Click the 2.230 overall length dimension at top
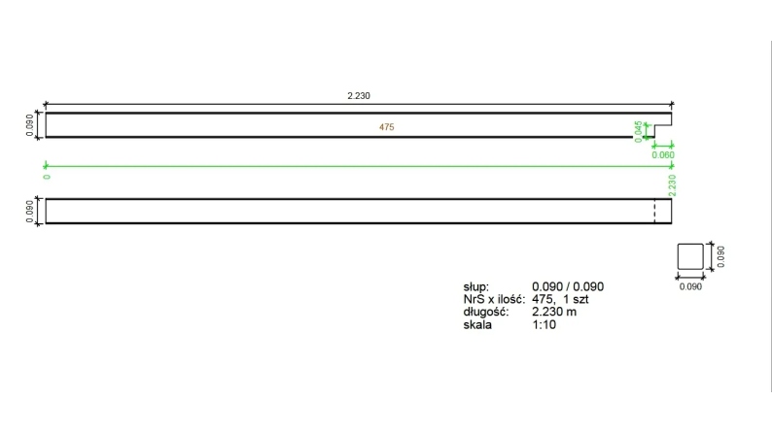(x=360, y=96)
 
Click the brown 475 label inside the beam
(x=387, y=127)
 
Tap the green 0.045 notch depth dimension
(x=638, y=130)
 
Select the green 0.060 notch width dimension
(x=662, y=154)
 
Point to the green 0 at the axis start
(x=47, y=177)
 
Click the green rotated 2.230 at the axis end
(x=672, y=184)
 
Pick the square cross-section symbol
(x=689, y=257)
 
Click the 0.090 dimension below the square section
(x=689, y=287)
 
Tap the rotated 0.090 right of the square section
(x=720, y=256)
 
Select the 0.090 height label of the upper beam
(x=29, y=125)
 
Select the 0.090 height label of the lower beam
(x=29, y=211)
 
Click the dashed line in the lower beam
(x=654, y=211)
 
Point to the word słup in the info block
(x=476, y=286)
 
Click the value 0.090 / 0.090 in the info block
(x=568, y=286)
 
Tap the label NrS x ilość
(x=494, y=299)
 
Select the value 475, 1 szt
(x=560, y=299)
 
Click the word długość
(x=486, y=312)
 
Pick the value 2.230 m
(x=554, y=312)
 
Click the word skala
(x=478, y=324)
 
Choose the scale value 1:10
(x=544, y=324)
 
